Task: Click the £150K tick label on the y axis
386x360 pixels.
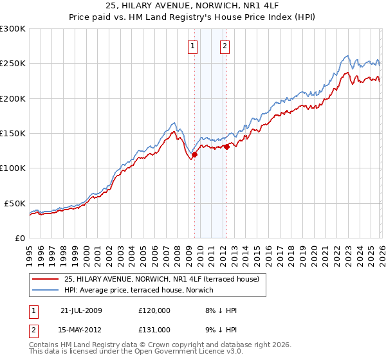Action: pyautogui.click(x=12, y=133)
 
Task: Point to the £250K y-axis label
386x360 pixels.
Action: pyautogui.click(x=12, y=64)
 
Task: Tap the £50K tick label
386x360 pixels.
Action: pyautogui.click(x=15, y=203)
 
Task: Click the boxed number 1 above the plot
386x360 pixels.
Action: pyautogui.click(x=193, y=46)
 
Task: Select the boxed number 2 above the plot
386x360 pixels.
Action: pyautogui.click(x=225, y=46)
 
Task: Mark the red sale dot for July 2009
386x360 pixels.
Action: pyautogui.click(x=194, y=154)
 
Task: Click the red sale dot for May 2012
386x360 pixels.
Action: pyautogui.click(x=226, y=147)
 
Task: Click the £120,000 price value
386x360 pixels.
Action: pyautogui.click(x=154, y=310)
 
